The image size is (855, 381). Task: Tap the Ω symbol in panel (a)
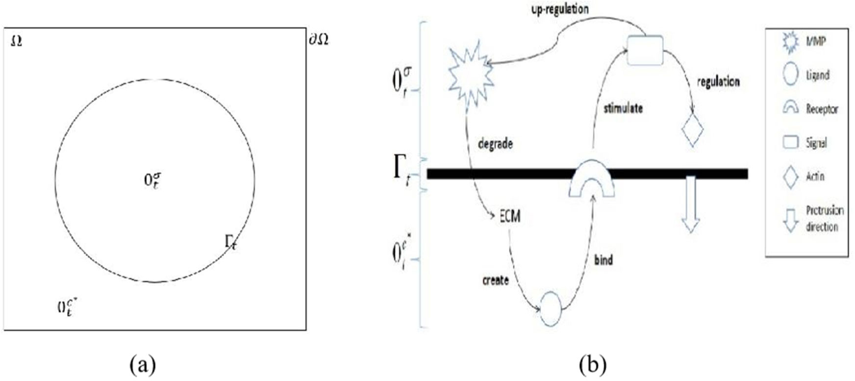tap(16, 42)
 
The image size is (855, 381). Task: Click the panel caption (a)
tap(143, 365)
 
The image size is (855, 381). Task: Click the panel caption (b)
tap(592, 365)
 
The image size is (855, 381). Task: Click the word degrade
tap(495, 144)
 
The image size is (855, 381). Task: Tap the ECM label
tap(509, 216)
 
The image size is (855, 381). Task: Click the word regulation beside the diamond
tap(718, 82)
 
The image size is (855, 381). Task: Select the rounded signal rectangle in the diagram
tap(646, 51)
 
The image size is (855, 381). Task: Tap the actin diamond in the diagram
tap(692, 130)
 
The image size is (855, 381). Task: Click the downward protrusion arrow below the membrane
tap(691, 203)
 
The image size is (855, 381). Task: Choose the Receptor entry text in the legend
tap(822, 109)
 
